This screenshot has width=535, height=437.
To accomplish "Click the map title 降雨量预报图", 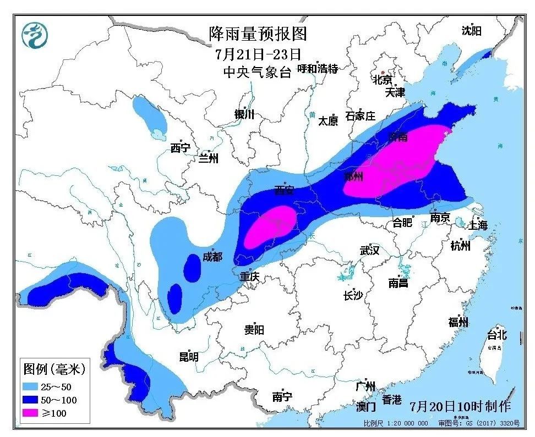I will [258, 34].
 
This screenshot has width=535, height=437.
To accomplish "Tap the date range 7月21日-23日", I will [258, 54].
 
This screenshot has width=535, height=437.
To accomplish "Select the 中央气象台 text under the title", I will [256, 71].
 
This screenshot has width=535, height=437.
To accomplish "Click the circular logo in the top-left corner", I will [35, 35].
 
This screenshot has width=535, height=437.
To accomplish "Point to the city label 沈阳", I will [471, 31].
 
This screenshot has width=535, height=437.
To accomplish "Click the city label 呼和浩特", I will [317, 69].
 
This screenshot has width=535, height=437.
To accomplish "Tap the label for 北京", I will [383, 79].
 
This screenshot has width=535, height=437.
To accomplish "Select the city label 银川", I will [244, 114].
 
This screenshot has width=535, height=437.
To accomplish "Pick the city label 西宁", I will [180, 147].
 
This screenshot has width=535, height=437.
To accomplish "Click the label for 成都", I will [212, 256].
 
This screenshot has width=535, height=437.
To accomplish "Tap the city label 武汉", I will [369, 250].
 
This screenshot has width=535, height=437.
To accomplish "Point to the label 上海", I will [477, 225].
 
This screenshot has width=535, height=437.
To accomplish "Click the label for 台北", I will [496, 334].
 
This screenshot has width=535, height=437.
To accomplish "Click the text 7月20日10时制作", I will [460, 406].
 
